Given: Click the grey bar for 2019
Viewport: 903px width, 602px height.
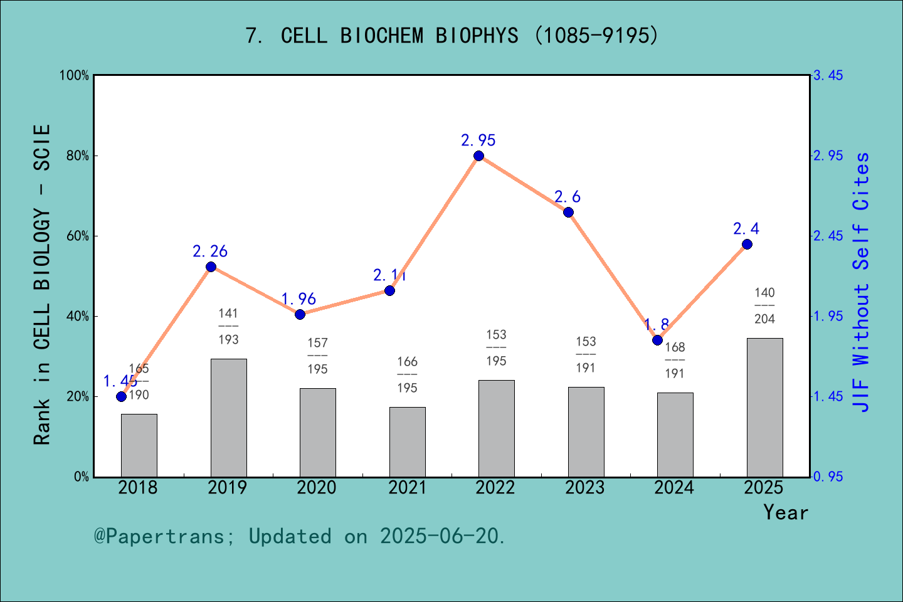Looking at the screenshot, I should tap(228, 418).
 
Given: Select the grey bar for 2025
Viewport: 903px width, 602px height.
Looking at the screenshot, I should tap(764, 408).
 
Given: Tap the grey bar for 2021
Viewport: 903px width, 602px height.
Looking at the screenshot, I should tap(407, 442).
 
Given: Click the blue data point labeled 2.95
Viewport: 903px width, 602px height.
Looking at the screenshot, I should tap(478, 156).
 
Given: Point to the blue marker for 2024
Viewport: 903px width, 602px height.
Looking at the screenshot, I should tap(657, 340).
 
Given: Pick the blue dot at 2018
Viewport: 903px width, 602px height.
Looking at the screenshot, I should tap(121, 396).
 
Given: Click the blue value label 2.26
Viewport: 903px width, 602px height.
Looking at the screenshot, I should tap(210, 251).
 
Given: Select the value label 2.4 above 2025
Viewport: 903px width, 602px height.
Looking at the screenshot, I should tap(746, 229).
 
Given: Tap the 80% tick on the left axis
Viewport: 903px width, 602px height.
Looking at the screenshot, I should tap(78, 156).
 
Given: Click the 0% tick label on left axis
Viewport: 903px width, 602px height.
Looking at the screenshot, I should tap(82, 477).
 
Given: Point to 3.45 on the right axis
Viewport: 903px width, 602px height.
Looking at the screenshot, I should tap(828, 76).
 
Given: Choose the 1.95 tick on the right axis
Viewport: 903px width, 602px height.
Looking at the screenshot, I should tap(828, 317).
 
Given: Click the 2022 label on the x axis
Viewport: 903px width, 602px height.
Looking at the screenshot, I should tap(495, 488).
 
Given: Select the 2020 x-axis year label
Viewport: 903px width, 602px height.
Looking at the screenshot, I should tap(317, 488).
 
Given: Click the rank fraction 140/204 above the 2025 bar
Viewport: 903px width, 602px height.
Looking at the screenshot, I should tap(764, 306).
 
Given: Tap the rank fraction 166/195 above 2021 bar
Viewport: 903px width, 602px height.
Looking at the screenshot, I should tap(407, 375).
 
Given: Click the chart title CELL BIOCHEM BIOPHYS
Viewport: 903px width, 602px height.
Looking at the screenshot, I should tap(451, 36).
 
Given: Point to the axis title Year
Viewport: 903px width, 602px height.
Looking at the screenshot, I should tap(786, 512).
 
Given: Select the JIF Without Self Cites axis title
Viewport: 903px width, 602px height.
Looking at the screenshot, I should tap(862, 282).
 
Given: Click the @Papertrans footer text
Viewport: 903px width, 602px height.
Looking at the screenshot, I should tap(300, 536).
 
